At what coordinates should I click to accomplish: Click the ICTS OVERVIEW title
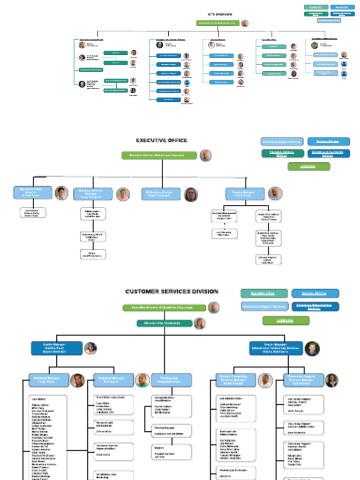tap(220, 15)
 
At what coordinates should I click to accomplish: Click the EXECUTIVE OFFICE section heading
tap(162, 140)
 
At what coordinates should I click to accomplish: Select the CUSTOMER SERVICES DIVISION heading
tap(172, 292)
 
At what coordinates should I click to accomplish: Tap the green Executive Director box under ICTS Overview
tap(217, 23)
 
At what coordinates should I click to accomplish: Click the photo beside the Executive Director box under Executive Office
tap(205, 156)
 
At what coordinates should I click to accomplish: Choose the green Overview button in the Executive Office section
tap(308, 166)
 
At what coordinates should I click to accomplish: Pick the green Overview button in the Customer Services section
tap(279, 321)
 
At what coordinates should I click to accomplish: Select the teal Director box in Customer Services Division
tap(165, 323)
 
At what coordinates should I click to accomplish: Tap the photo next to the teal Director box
tap(200, 323)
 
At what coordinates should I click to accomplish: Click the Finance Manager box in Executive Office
tap(245, 194)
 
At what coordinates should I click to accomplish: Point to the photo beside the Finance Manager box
tap(275, 194)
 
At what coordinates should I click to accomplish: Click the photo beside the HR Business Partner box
tap(191, 194)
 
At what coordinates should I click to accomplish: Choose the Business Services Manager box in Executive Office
tap(93, 194)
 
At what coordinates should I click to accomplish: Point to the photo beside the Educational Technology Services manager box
tap(312, 348)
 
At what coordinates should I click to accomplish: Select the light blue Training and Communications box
tap(172, 380)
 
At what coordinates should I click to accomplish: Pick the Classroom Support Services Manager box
tap(304, 380)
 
